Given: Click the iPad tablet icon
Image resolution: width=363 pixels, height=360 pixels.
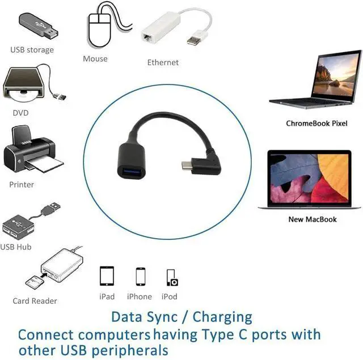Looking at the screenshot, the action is (107, 276).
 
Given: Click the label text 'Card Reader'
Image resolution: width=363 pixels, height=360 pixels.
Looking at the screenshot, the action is (35, 301).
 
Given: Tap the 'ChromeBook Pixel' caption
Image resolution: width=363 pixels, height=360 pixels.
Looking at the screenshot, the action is (316, 123).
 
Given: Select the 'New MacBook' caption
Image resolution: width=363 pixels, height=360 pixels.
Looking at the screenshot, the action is (313, 219).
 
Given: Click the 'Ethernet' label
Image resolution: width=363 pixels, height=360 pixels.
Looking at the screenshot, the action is (163, 62).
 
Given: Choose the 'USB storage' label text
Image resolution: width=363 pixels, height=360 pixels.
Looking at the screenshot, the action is (32, 50).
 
